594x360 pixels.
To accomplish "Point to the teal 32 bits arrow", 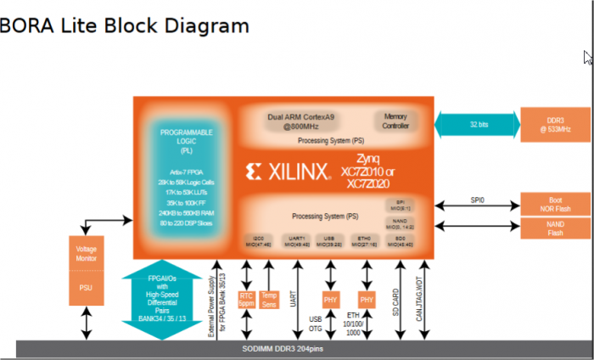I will pos(478,124).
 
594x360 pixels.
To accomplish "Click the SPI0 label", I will pos(478,200).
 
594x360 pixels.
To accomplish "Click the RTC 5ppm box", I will pos(247,299).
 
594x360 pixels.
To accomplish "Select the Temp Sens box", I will pos(269,299).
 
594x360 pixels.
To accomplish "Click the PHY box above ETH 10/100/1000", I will pos(367,300).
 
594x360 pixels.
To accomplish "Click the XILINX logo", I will pos(288,172).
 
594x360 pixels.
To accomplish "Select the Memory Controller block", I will pos(395,121).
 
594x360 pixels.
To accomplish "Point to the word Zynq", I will pos(368,159).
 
